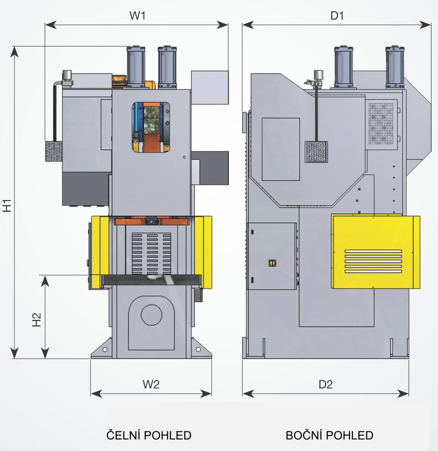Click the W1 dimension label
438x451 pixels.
(137, 16)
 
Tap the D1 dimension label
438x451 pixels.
(337, 16)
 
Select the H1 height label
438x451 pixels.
(7, 205)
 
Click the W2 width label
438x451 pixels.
(151, 385)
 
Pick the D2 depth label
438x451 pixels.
(326, 385)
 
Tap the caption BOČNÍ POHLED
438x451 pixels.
(329, 436)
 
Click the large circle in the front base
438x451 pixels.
(151, 315)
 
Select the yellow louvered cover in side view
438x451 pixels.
(375, 252)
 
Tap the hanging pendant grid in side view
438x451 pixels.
(316, 152)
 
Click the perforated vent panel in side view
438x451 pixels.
(381, 122)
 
